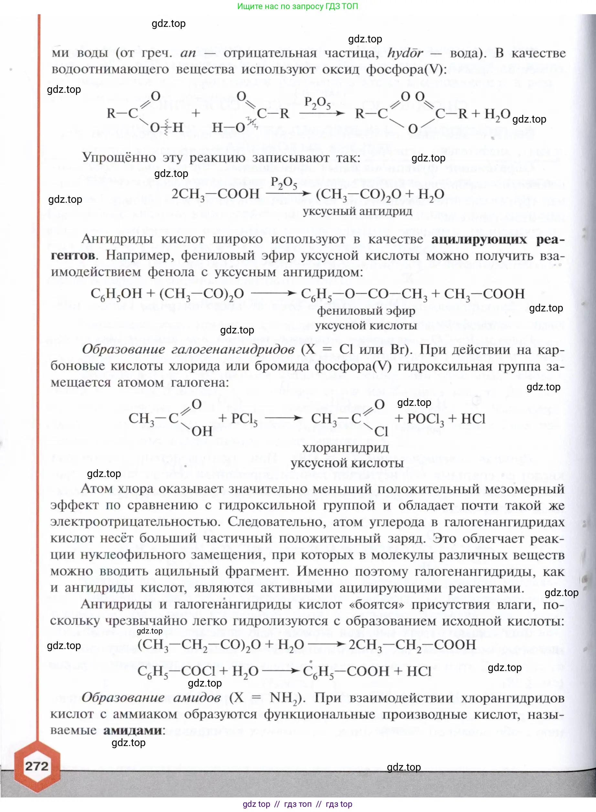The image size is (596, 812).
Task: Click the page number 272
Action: [37, 766]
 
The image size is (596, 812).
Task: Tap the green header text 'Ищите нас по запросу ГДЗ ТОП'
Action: [298, 6]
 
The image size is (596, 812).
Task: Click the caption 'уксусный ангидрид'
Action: [357, 211]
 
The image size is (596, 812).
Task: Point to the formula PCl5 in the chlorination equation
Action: [244, 419]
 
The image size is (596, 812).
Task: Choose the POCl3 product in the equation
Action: [425, 419]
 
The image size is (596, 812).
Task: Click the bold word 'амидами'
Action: [133, 730]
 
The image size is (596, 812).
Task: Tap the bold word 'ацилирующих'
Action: [479, 239]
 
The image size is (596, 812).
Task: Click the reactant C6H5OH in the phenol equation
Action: [116, 294]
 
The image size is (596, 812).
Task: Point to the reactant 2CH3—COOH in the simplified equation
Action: [215, 194]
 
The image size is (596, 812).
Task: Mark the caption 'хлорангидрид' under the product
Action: [345, 448]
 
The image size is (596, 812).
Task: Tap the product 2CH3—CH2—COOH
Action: [412, 644]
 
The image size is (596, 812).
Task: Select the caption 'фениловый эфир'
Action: [366, 311]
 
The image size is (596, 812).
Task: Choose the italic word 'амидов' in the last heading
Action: [197, 697]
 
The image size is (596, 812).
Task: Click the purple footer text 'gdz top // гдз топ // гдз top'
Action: [298, 804]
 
